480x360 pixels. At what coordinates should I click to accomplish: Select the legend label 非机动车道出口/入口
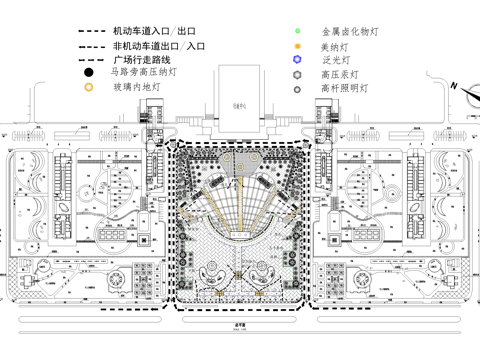[x=159, y=47]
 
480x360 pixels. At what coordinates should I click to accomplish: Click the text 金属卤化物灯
[x=349, y=32]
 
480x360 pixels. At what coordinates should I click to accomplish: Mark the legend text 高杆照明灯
[x=343, y=89]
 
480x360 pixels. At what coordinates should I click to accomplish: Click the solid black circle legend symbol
[x=89, y=73]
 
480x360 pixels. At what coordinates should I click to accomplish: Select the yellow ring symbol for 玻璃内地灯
[x=89, y=88]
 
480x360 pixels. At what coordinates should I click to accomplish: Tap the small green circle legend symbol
[x=297, y=33]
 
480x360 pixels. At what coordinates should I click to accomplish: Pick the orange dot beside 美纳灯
[x=297, y=47]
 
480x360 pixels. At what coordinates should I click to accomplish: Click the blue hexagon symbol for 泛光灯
[x=297, y=61]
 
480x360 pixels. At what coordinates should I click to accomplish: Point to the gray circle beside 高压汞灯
[x=297, y=75]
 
